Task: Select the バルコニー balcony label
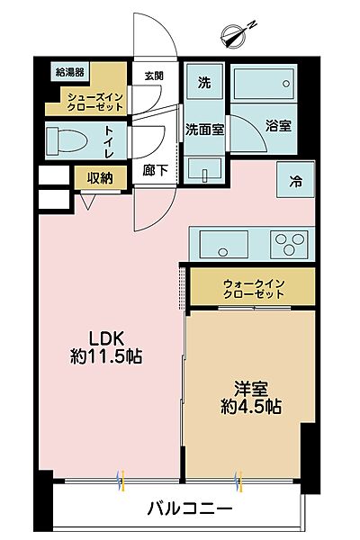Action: pos(190,508)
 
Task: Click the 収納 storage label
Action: pos(100,178)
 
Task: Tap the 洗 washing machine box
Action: pos(204,83)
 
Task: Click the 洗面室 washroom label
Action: pos(205,129)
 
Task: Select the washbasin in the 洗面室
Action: pos(206,168)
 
